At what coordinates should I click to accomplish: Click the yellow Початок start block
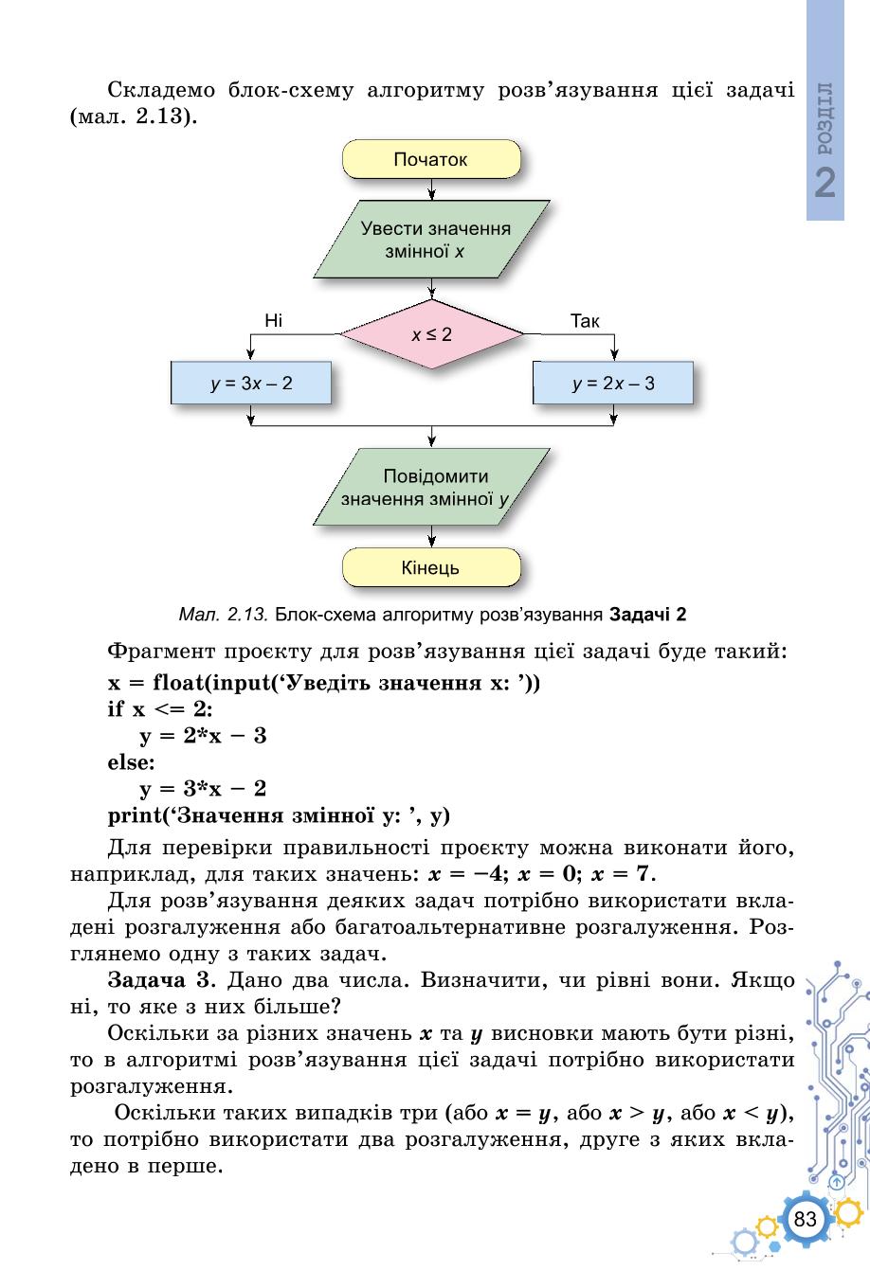pos(431,159)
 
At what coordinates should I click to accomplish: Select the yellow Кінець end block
pos(431,567)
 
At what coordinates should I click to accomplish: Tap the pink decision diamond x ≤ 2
pos(431,334)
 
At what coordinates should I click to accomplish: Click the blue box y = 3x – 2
pos(251,383)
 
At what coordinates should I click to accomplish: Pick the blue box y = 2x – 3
pos(613,383)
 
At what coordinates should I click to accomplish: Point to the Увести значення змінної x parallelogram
pos(431,240)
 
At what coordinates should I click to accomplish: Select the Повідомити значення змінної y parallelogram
pos(431,487)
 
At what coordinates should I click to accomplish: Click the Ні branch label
pos(273,320)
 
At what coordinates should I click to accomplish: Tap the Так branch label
pos(585,320)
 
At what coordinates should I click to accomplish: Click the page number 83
pos(805,1219)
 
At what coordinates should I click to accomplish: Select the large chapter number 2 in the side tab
pos(825,183)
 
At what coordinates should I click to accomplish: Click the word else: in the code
pos(131,762)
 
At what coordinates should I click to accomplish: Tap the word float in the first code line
pos(179,683)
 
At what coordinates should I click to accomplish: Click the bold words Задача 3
pos(159,980)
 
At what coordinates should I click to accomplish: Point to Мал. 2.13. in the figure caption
pos(224,615)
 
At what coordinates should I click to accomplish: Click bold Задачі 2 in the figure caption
pos(648,615)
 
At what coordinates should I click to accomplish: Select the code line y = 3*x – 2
pos(203,789)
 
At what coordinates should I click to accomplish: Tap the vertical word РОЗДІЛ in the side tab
pos(825,118)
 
